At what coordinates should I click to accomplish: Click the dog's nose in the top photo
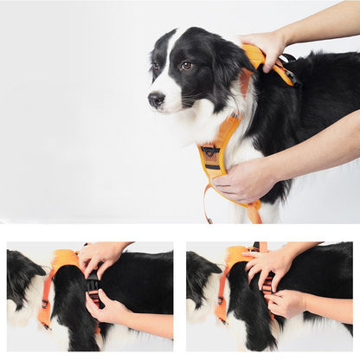click(x=155, y=100)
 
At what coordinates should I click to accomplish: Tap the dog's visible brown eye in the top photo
click(x=185, y=66)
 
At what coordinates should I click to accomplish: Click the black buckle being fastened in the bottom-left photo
click(x=93, y=285)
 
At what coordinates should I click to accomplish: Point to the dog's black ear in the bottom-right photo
click(x=202, y=275)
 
